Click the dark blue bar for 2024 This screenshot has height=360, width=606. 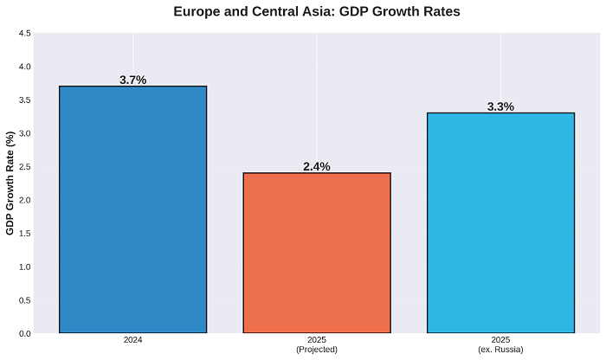coord(132,209)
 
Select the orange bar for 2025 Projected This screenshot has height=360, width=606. coord(317,253)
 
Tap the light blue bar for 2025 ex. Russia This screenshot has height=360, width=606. coord(500,222)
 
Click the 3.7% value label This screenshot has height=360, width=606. coord(132,80)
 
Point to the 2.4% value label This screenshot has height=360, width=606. coord(317,166)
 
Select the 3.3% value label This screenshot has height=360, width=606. coord(500,106)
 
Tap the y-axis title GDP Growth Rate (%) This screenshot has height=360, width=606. coord(11,183)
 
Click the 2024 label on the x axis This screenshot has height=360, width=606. coord(132,341)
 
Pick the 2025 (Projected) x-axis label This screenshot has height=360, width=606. coord(317,344)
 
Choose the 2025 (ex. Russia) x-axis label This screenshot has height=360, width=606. coord(500,344)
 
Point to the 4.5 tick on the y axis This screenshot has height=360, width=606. coord(24,34)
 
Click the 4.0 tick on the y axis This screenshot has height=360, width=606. coord(24,67)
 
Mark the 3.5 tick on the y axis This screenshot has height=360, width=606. coord(24,100)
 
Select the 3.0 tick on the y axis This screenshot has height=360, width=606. coord(24,133)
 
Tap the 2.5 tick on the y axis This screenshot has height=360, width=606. coord(24,167)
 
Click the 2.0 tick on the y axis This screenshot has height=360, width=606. coord(24,200)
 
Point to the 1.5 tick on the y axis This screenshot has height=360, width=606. coord(24,234)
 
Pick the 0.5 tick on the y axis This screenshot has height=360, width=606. coord(24,300)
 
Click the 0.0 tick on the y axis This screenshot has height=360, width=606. coord(24,333)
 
